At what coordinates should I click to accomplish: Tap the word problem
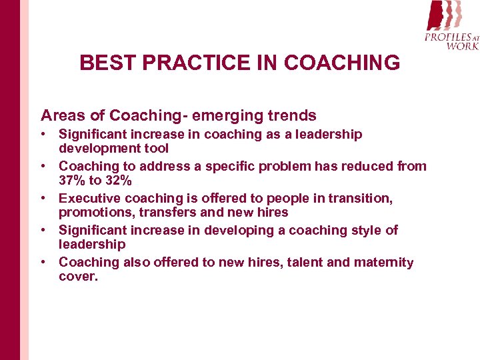pyautogui.click(x=270, y=166)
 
